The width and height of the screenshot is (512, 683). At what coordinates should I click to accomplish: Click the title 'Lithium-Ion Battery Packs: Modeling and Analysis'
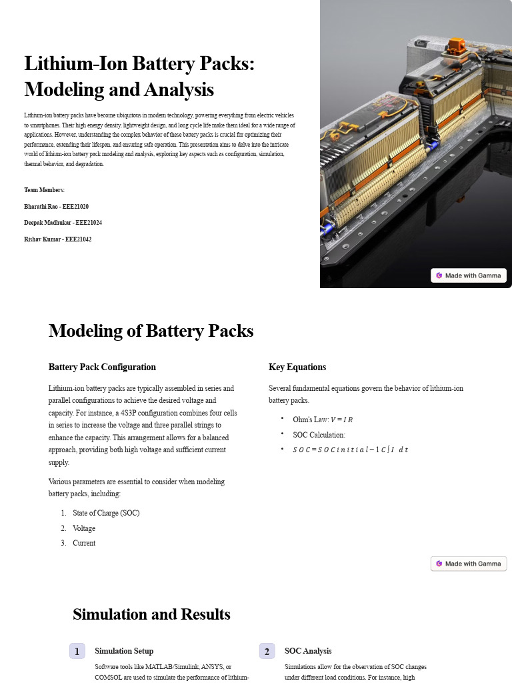[139, 76]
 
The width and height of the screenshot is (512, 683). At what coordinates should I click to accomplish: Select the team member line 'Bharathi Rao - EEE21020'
[56, 207]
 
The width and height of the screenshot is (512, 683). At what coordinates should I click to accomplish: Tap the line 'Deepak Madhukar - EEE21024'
[63, 222]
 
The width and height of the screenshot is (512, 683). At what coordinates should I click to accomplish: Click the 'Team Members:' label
[44, 190]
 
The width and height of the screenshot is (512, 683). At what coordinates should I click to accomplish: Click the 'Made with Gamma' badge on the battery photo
[469, 275]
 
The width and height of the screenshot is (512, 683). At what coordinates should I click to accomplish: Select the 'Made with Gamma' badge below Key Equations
[469, 564]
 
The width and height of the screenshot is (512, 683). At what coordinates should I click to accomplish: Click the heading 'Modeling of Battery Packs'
[151, 331]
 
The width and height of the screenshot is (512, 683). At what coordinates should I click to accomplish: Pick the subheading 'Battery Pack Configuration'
[102, 367]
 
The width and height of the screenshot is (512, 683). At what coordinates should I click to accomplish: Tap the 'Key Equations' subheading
[297, 367]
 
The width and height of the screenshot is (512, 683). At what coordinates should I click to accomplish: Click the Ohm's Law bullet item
[323, 420]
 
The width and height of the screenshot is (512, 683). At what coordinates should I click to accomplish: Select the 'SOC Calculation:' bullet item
[319, 435]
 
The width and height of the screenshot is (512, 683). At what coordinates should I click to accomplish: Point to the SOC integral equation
[350, 450]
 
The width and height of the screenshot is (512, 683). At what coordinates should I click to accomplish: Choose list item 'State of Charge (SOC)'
[106, 513]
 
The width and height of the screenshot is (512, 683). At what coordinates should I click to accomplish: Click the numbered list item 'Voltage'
[84, 528]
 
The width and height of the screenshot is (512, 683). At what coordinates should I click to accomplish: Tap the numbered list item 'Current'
[84, 543]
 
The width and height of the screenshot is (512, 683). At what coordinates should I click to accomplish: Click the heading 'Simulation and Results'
[151, 614]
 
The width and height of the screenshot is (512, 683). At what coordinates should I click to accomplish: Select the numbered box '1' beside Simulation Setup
[78, 651]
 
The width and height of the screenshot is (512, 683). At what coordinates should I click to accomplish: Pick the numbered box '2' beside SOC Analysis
[267, 651]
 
